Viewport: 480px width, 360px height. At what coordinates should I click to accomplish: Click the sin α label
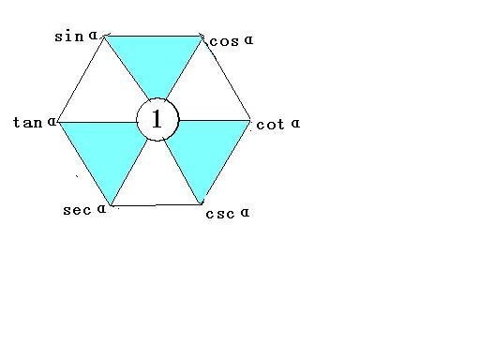pos(76,37)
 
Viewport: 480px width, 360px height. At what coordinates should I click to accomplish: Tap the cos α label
pos(231,40)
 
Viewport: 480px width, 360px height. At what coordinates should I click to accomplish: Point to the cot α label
pos(277,124)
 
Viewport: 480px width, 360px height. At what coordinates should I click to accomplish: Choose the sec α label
pos(84,209)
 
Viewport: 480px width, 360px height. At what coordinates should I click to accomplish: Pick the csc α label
pos(227,213)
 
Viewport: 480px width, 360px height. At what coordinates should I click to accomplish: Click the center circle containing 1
pos(157,119)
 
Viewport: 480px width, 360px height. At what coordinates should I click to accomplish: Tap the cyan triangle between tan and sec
pos(109,150)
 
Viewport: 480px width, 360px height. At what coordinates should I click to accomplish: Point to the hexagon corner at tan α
pos(59,121)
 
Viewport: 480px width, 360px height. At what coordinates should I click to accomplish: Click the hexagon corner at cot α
pos(251,120)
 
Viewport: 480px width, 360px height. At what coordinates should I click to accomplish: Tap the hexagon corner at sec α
pos(112,204)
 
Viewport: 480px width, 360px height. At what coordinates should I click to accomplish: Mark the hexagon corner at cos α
pos(202,37)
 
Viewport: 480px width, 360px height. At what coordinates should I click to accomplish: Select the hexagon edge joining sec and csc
pos(156,203)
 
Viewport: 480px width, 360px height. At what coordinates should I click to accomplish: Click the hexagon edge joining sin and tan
pos(82,79)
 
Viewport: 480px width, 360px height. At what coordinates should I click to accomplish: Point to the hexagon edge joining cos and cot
pos(227,79)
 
